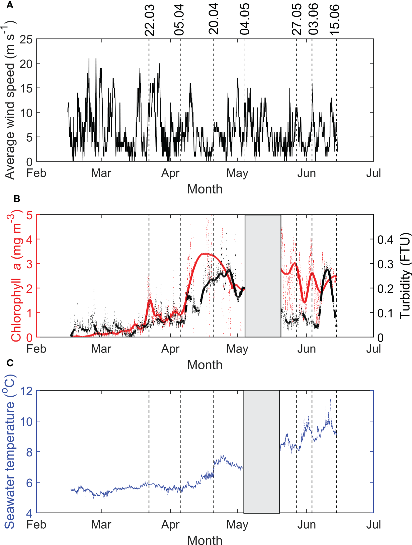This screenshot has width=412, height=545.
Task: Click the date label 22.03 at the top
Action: coord(149,20)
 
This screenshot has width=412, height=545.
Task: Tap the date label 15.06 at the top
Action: coord(334,20)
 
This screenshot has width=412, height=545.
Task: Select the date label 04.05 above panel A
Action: coord(245,19)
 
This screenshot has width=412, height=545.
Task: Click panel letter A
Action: coord(10,5)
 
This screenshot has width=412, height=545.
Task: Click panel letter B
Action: coord(17,199)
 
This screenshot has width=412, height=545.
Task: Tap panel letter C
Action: coord(10,363)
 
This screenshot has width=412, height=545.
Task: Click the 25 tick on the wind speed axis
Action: coord(26,40)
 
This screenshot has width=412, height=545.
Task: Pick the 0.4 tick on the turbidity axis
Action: coord(385,239)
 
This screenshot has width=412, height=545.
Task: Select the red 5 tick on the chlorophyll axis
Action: coord(29,215)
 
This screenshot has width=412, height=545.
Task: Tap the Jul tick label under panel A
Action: coord(373,173)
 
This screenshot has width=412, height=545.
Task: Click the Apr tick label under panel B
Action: coord(170,349)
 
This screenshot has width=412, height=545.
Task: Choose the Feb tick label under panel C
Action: coord(36,525)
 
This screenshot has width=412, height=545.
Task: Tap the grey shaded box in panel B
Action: coord(263,276)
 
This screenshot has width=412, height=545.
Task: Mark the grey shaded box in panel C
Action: coord(261,451)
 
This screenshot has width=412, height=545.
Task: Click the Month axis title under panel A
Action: coord(205,189)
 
